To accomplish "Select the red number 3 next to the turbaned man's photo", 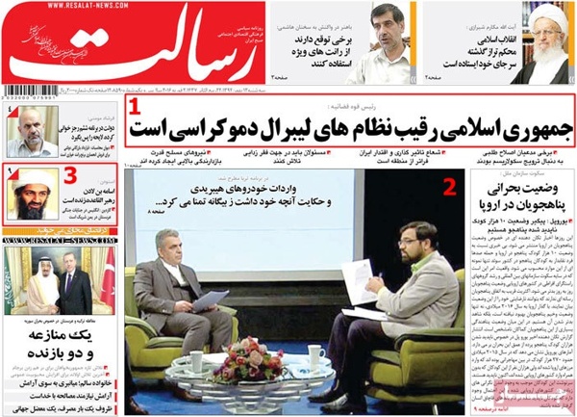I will (x=69, y=174).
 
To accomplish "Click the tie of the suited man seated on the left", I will (x=178, y=290).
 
